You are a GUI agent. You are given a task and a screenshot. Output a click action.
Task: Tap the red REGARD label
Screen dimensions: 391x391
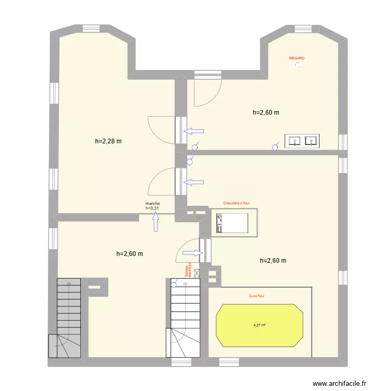point(297,58)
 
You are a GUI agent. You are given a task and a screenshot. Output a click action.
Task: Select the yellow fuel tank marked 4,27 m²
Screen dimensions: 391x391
point(259,325)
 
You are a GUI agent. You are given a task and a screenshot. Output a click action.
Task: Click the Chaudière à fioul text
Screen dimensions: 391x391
point(238,204)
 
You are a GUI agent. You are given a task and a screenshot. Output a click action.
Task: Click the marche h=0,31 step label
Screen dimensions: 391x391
point(153,206)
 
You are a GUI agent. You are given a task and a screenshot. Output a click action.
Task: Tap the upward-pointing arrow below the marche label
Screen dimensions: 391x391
point(155,223)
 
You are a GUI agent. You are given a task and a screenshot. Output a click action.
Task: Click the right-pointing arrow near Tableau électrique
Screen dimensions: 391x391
point(192,253)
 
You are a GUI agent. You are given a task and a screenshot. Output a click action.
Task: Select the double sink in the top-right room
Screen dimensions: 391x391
point(302,141)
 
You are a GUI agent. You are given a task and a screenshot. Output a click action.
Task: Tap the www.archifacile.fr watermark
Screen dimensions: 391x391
point(342,382)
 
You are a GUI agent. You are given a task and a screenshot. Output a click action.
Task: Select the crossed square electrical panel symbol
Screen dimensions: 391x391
point(197,272)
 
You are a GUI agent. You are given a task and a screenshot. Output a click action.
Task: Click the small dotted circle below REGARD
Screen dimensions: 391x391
point(297,66)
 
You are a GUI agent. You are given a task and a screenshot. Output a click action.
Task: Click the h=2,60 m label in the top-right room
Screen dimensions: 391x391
point(266,112)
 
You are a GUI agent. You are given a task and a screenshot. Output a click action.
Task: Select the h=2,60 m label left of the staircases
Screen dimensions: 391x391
point(129,254)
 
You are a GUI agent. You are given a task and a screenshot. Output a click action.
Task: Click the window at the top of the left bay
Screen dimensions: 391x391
point(93,29)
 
